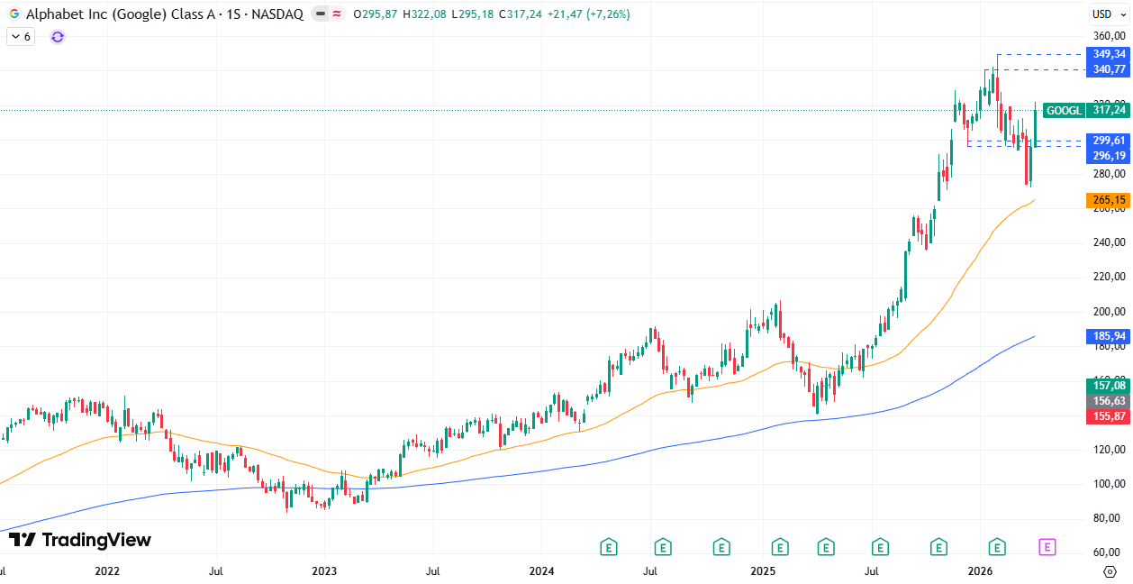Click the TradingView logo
pyautogui.click(x=79, y=540)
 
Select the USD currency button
pyautogui.click(x=1102, y=14)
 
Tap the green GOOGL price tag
pyautogui.click(x=1085, y=110)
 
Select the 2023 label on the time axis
pyautogui.click(x=324, y=571)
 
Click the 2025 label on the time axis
pyautogui.click(x=763, y=571)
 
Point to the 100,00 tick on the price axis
pyautogui.click(x=1109, y=484)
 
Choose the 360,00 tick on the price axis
pyautogui.click(x=1109, y=36)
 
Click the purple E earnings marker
pyautogui.click(x=1047, y=546)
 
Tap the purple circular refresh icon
pyautogui.click(x=58, y=37)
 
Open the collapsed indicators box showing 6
pyautogui.click(x=21, y=37)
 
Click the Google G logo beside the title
pyautogui.click(x=14, y=14)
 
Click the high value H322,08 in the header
pyautogui.click(x=425, y=14)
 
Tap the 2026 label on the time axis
pyautogui.click(x=980, y=571)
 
